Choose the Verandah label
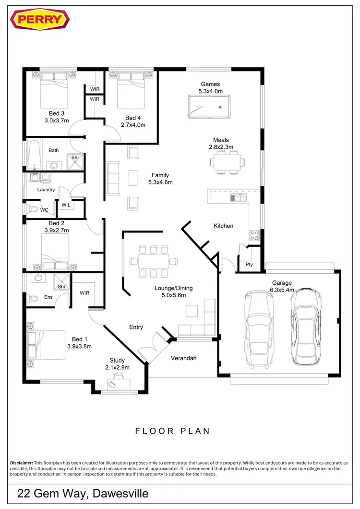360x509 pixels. [184, 358]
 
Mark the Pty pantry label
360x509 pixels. [249, 265]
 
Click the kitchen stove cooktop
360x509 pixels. [254, 235]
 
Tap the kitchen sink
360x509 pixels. [238, 197]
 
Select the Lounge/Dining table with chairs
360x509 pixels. [154, 261]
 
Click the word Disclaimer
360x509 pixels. [22, 462]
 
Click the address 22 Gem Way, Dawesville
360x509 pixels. [83, 493]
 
